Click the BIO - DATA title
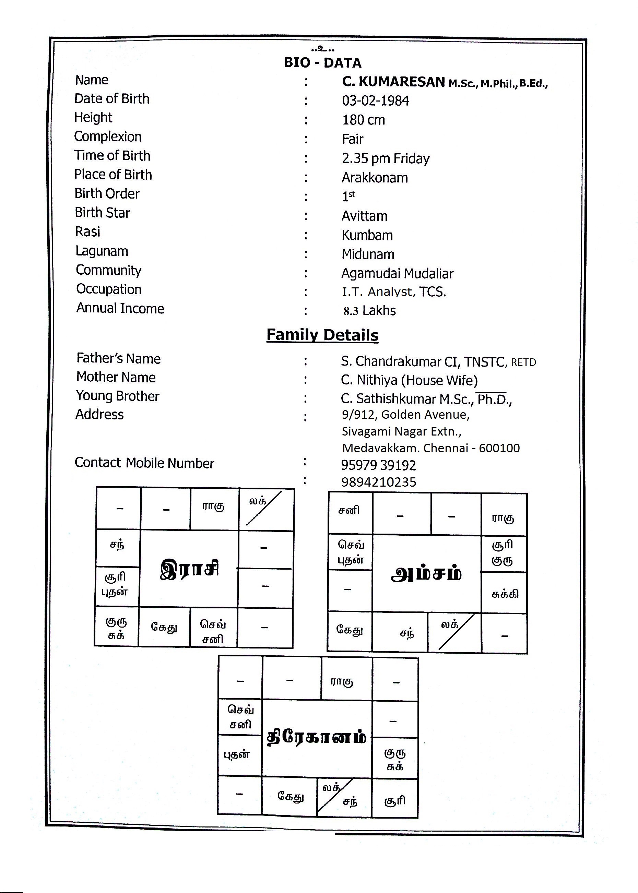[322, 63]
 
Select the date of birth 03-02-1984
[375, 101]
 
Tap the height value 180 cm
[363, 120]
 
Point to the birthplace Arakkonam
[374, 178]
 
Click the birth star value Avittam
[364, 216]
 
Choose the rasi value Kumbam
[367, 235]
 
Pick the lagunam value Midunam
[368, 254]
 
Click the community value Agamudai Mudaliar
[397, 273]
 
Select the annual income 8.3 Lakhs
[369, 311]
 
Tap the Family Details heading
[322, 335]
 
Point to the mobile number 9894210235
[378, 482]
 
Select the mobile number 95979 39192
[378, 465]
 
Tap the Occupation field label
[109, 289]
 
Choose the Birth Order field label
[107, 194]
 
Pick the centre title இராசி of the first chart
[189, 569]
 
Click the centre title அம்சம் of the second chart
[426, 574]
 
